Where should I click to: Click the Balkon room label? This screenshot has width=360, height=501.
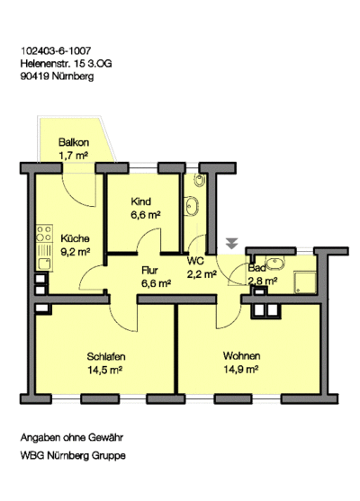(73, 142)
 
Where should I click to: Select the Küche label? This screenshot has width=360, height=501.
(75, 238)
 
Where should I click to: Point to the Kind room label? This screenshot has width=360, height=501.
(140, 201)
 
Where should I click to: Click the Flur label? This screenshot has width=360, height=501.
(149, 269)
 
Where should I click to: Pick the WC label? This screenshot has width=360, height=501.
(196, 261)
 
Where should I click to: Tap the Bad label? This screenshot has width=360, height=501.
(256, 268)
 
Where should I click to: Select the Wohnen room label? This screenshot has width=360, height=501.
(240, 355)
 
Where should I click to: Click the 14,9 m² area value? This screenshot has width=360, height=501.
(240, 369)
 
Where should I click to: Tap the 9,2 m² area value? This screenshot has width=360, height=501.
(75, 253)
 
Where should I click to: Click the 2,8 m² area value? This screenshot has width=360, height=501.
(262, 281)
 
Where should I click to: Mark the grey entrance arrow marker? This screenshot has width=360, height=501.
(231, 243)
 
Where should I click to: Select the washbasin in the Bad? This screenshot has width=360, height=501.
(278, 264)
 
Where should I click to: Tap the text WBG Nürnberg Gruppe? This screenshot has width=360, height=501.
(73, 456)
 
